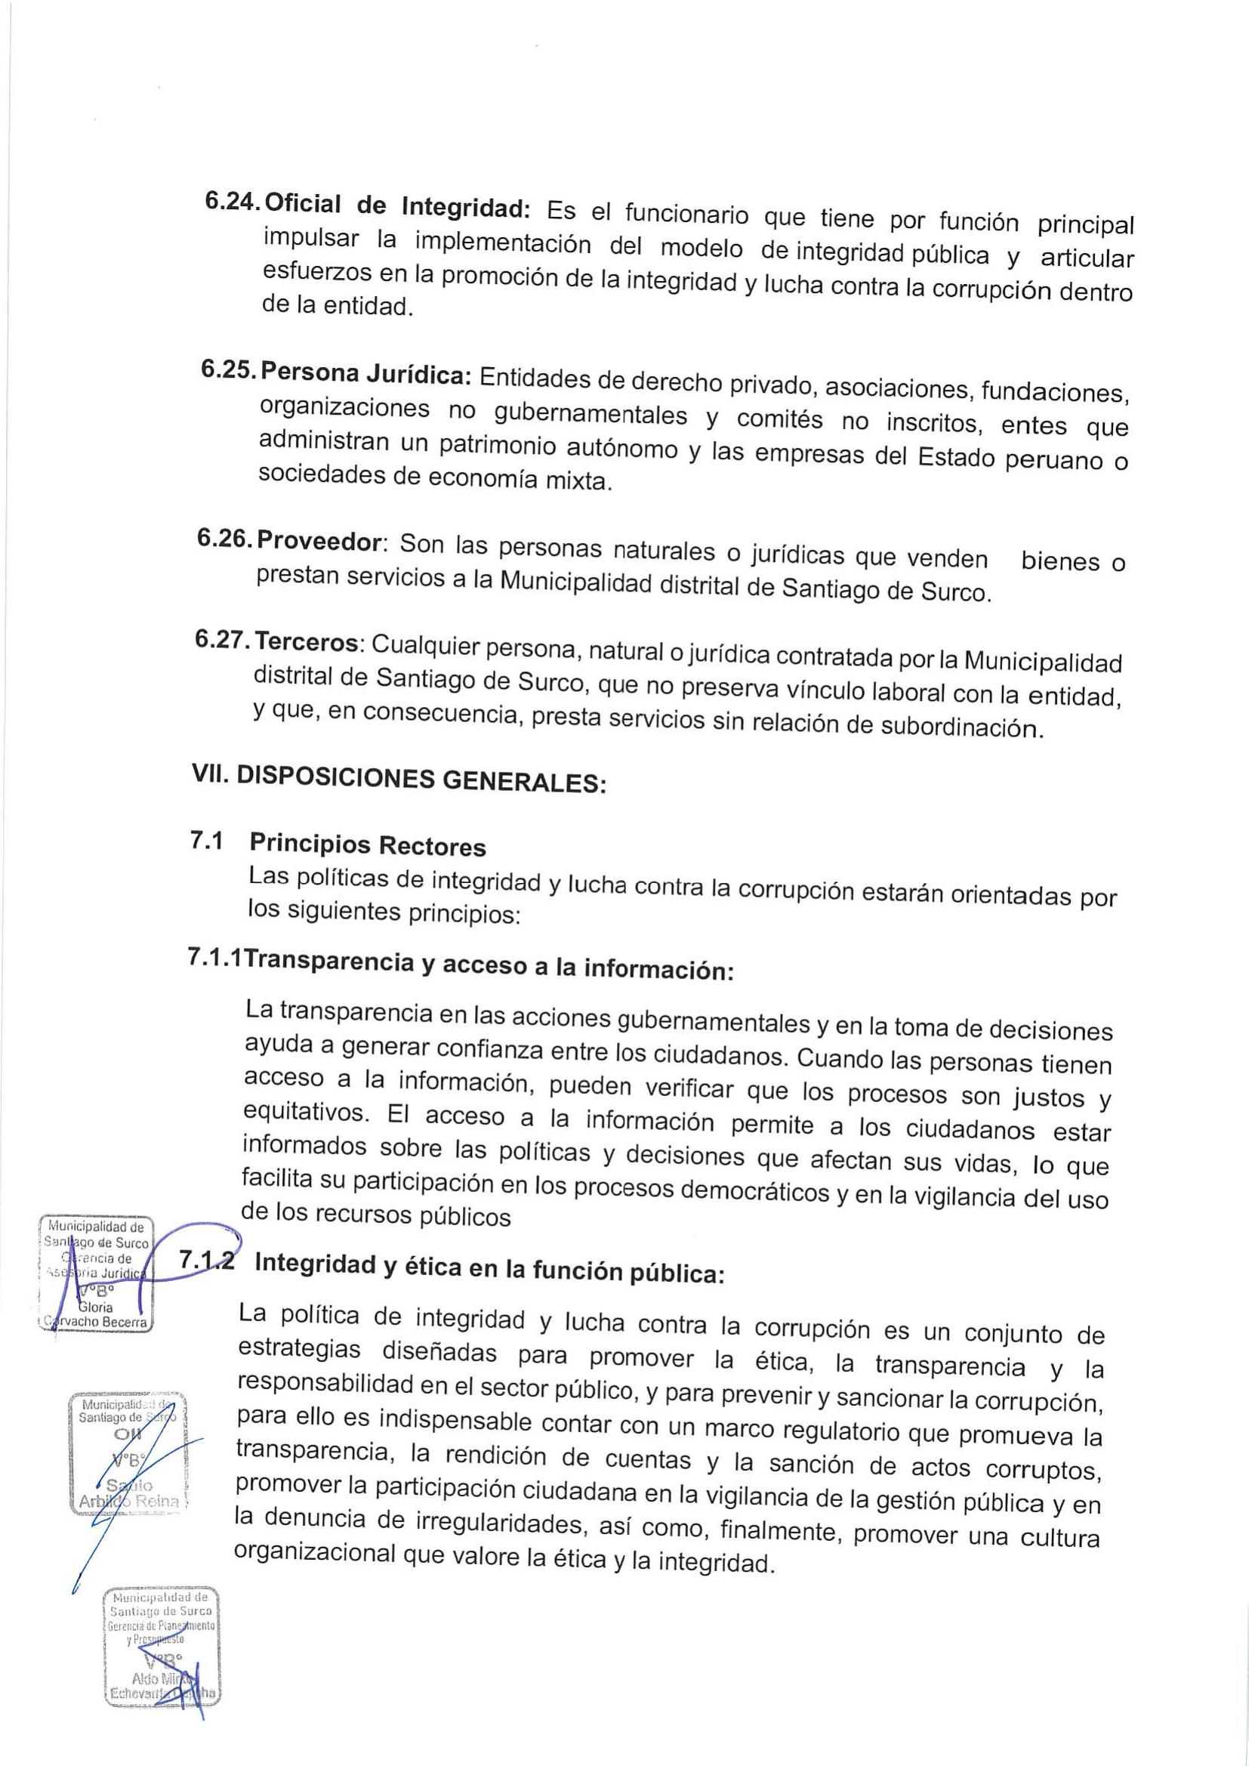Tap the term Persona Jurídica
[366, 374]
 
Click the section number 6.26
[226, 539]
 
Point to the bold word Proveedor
[319, 542]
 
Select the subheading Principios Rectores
[368, 845]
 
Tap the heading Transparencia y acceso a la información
[489, 965]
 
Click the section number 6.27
[222, 639]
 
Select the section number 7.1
[206, 841]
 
